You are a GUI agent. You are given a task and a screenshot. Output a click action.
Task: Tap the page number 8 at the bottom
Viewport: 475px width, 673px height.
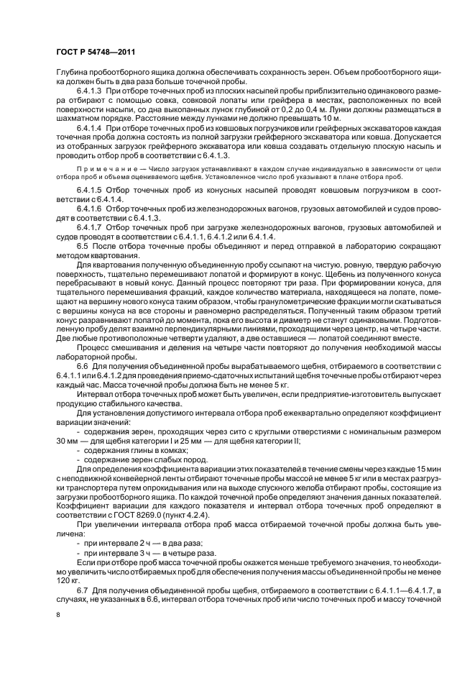(x=57, y=614)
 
